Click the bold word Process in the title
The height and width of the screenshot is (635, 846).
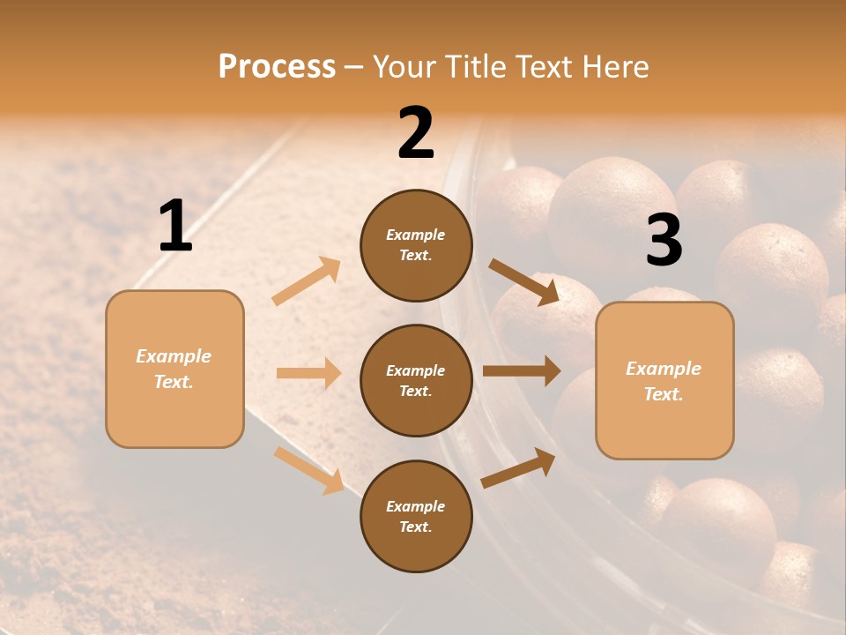click(x=277, y=66)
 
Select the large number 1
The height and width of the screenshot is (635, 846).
click(x=175, y=227)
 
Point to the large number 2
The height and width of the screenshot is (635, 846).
click(x=416, y=133)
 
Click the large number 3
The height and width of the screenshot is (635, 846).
click(x=664, y=241)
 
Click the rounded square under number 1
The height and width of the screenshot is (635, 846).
click(x=174, y=369)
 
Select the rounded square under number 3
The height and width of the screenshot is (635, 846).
click(x=664, y=380)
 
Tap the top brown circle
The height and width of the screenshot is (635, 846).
click(x=416, y=245)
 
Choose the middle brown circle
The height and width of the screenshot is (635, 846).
click(x=416, y=380)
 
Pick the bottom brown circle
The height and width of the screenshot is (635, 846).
click(x=416, y=516)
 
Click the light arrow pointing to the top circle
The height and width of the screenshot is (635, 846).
click(x=307, y=281)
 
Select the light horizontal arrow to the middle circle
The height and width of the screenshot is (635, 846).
click(x=308, y=373)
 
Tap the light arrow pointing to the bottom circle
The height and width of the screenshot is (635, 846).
click(x=309, y=469)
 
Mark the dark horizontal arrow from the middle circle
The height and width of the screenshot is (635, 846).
click(x=521, y=370)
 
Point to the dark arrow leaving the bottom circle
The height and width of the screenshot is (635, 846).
click(x=518, y=467)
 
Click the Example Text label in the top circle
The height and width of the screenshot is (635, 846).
click(x=416, y=245)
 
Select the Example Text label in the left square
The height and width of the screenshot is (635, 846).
click(x=174, y=369)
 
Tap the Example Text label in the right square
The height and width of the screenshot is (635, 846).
click(x=664, y=381)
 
